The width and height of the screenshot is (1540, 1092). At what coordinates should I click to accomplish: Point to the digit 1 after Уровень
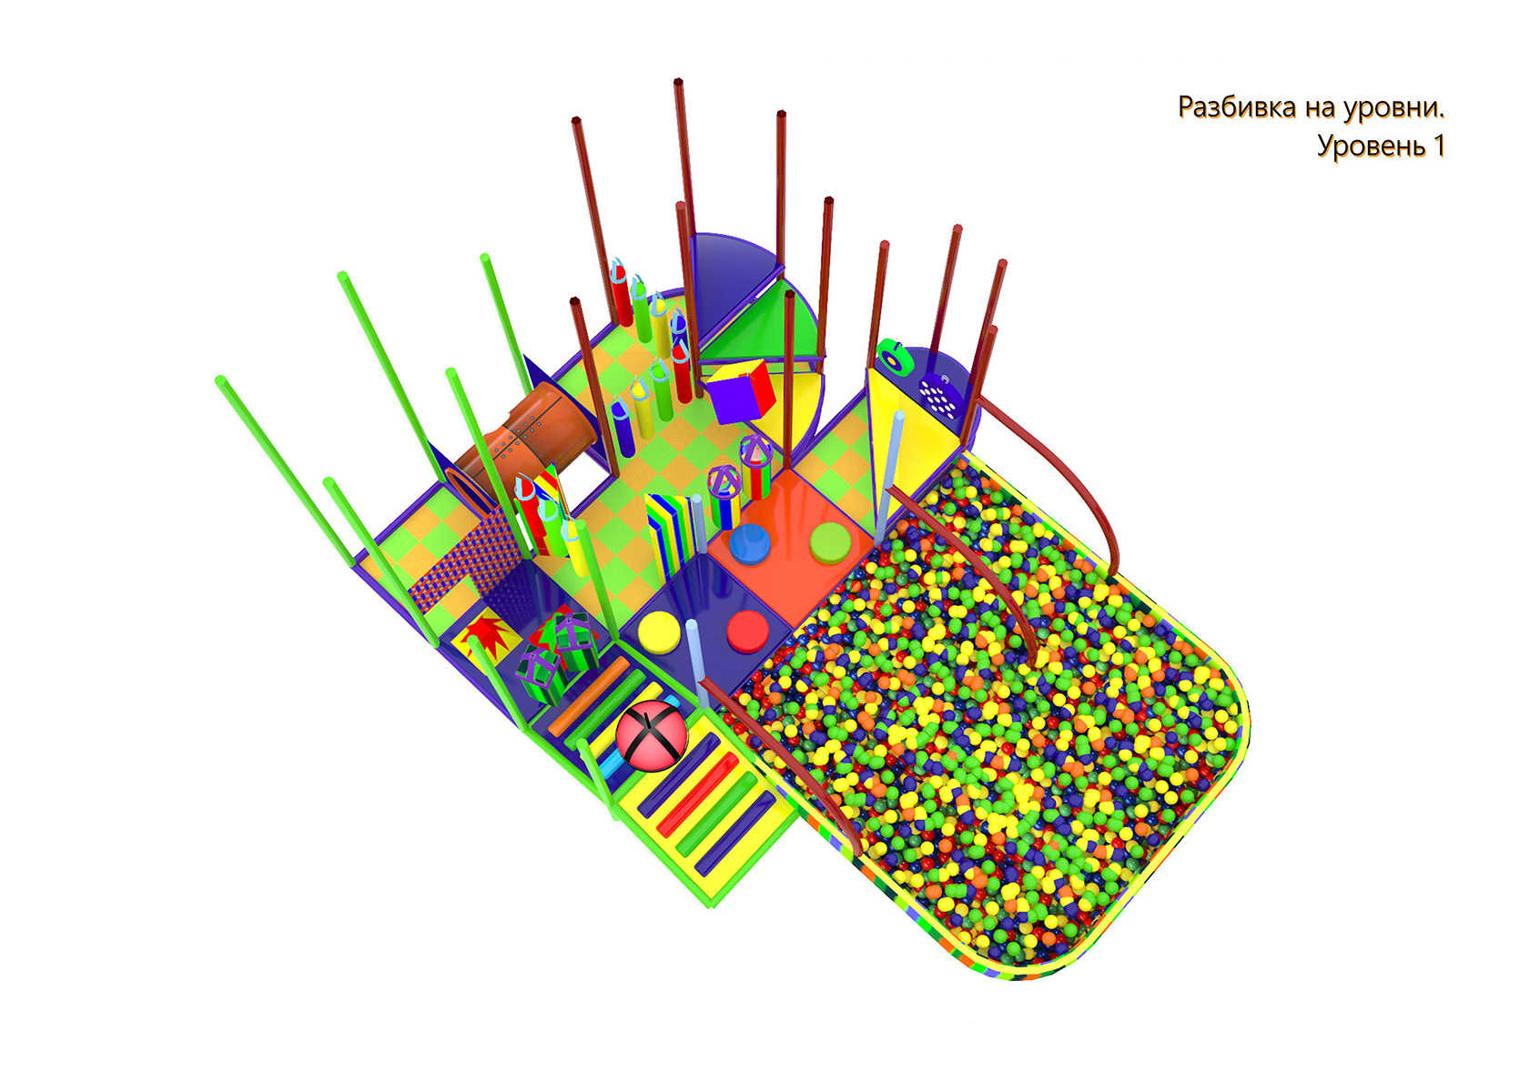pos(1437,146)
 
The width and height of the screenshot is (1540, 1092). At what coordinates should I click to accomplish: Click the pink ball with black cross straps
pos(651,736)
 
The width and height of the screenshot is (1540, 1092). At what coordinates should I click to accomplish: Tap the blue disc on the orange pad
pos(750,544)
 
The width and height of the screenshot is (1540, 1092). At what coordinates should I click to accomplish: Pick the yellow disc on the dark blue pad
pos(659,632)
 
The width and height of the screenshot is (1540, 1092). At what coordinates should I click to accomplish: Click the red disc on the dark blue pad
pos(748,631)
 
